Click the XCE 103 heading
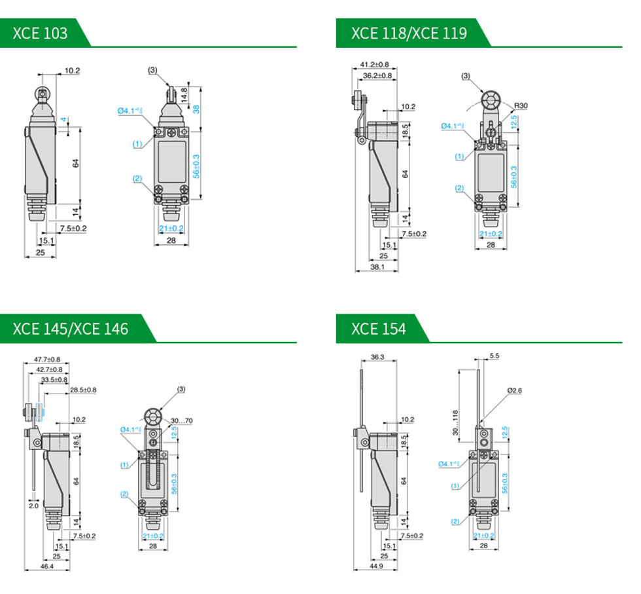point(40,33)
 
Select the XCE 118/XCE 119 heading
point(409,33)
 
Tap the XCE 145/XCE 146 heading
point(71,328)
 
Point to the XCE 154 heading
point(378,328)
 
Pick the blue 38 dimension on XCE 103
point(196,108)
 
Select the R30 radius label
point(521,105)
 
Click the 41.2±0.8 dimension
point(374,65)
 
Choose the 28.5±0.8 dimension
point(83,390)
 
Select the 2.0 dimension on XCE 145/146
point(33,506)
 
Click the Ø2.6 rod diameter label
point(515,390)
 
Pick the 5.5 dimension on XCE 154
point(494,356)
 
